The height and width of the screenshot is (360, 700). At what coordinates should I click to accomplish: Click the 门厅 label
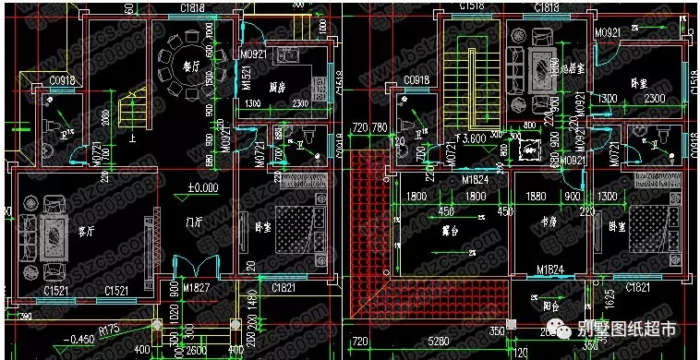[193, 222]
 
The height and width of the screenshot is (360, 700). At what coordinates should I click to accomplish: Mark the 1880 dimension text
[535, 197]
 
